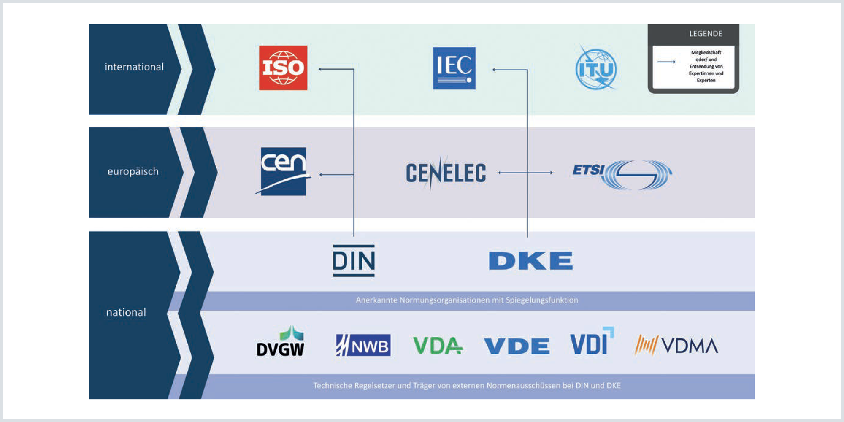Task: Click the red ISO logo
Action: point(283,68)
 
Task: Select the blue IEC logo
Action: point(454,68)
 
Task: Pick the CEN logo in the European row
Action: point(283,171)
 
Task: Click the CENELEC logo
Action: point(446,173)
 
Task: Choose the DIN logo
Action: point(354,261)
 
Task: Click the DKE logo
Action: point(530,261)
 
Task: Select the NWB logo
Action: point(363,346)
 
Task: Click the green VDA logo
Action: point(438,346)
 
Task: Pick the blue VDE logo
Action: point(517,346)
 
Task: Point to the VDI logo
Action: point(591,342)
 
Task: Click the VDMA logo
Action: point(676,346)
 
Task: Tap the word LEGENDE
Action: point(706,34)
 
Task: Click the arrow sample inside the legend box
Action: point(666,62)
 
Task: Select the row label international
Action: point(134,67)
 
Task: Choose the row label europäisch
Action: point(133,172)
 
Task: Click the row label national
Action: point(126,312)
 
